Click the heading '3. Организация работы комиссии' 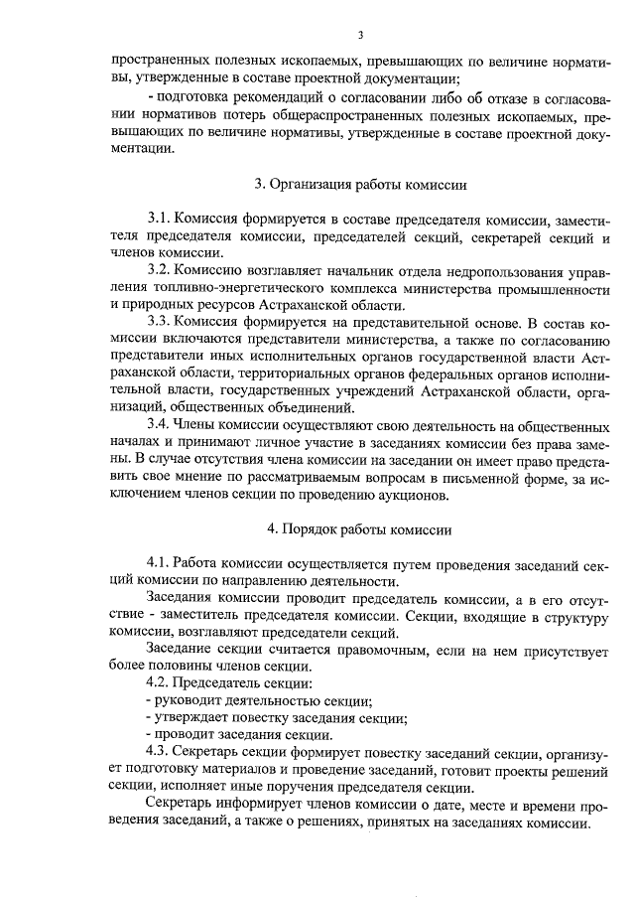click(x=361, y=184)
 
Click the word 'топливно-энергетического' click(x=236, y=288)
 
